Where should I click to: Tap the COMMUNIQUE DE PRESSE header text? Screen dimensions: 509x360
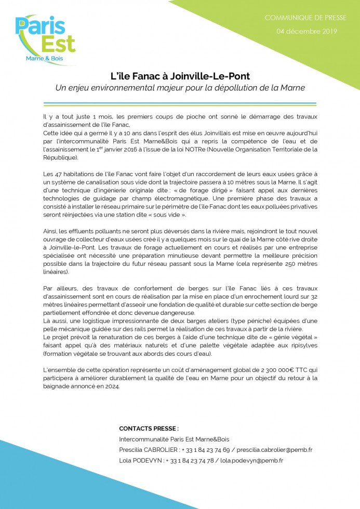click(x=305, y=18)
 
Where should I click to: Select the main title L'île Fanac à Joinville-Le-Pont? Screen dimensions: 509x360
click(x=180, y=76)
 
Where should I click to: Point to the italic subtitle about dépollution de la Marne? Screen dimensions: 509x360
click(x=180, y=88)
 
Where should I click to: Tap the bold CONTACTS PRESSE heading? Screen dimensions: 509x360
click(x=149, y=428)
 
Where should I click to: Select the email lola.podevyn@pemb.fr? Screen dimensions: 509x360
click(x=251, y=460)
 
